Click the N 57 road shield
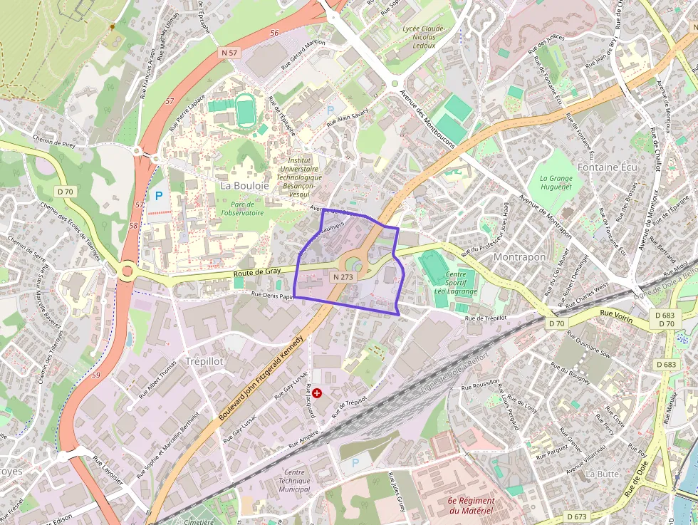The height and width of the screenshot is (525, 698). pos(229,53)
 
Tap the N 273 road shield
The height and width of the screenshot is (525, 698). pos(342,276)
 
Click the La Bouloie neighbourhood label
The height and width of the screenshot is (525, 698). pos(244,185)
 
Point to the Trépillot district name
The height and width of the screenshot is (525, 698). pos(204,361)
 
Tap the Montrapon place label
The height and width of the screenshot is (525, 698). pos(519,256)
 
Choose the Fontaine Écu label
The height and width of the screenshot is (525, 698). pos(608,167)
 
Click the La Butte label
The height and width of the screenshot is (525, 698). pos(602,473)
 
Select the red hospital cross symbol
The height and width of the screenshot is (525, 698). pos(317,393)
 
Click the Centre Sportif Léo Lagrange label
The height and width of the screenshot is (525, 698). pos(455,282)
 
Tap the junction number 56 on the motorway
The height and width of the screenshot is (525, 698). pos(274,33)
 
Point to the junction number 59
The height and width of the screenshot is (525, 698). pos(95,375)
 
